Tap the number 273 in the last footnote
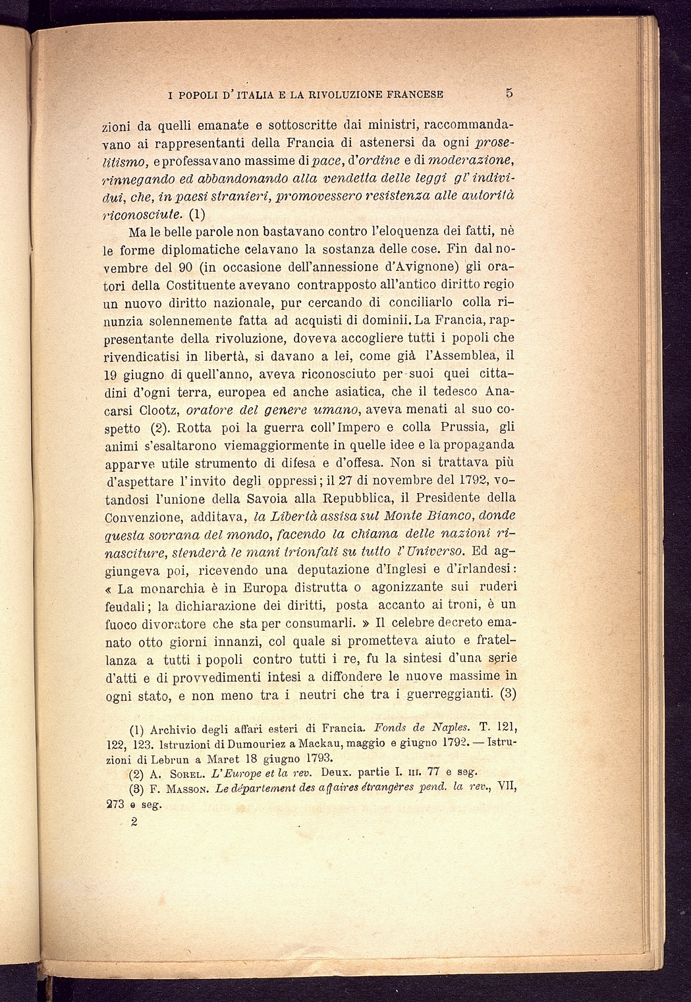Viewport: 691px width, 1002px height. pyautogui.click(x=116, y=804)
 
